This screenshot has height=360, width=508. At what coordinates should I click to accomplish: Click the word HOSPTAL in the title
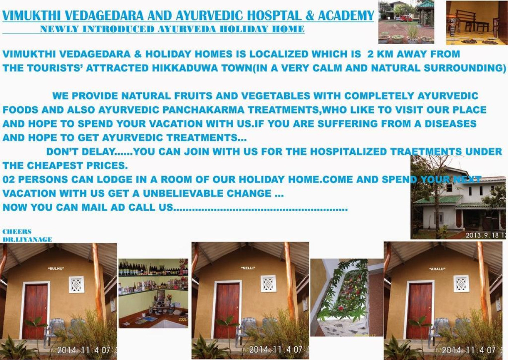pyautogui.click(x=274, y=15)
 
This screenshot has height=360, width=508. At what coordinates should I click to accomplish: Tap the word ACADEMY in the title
pyautogui.click(x=346, y=15)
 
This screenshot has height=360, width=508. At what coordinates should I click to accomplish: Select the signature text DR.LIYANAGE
pyautogui.click(x=27, y=239)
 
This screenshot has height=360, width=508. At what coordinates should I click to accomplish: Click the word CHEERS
pyautogui.click(x=17, y=231)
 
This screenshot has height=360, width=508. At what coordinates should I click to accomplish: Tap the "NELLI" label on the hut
pyautogui.click(x=248, y=268)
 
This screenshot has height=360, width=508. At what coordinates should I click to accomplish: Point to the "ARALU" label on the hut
pyautogui.click(x=437, y=269)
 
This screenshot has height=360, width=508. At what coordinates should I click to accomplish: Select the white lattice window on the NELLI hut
pyautogui.click(x=268, y=284)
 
